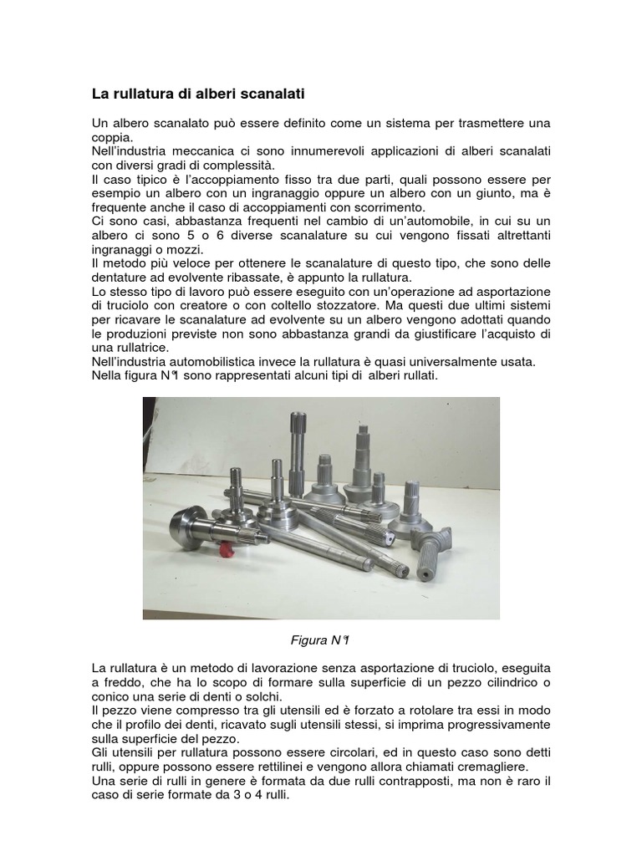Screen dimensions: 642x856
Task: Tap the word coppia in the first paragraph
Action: pos(111,138)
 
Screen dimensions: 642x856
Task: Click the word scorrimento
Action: pos(390,208)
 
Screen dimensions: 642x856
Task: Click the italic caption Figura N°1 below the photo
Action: pos(320,640)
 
